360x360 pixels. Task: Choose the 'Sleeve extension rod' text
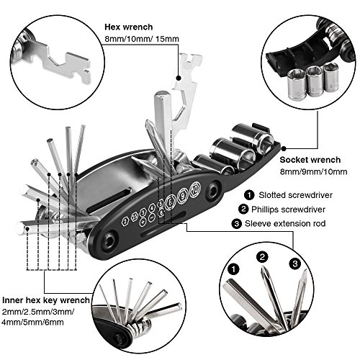[296, 224]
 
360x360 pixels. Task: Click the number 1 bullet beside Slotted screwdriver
[248, 194]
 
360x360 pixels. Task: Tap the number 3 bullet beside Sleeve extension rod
[248, 224]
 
